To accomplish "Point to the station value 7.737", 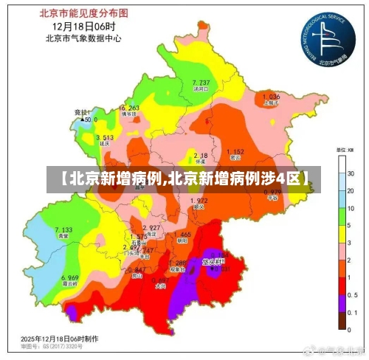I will [x=201, y=82].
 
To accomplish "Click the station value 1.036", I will [x=271, y=97].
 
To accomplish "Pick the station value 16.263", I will [x=128, y=108].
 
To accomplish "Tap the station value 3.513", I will [x=105, y=137].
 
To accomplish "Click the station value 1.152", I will [x=235, y=151].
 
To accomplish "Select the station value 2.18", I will [x=200, y=156].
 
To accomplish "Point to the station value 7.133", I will [x=64, y=230].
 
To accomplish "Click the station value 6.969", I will [x=70, y=277].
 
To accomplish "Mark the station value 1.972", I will [x=198, y=201].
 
